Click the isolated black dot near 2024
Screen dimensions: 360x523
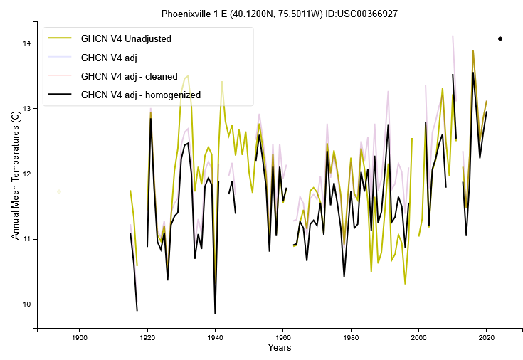point(500,38)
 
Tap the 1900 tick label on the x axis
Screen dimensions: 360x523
point(79,337)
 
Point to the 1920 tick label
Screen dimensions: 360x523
point(147,337)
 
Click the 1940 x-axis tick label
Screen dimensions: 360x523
point(215,337)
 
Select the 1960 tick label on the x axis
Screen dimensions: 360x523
point(283,337)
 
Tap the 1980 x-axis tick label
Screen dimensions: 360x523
point(351,337)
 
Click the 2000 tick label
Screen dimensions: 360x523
point(419,337)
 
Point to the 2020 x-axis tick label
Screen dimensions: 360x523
point(487,337)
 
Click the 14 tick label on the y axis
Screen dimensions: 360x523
point(28,43)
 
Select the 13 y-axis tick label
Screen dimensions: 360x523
point(28,109)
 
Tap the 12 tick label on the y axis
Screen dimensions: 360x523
point(28,174)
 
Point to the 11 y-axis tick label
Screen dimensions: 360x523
point(28,239)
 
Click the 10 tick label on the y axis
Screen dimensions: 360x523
point(28,305)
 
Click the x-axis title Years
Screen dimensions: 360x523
point(279,348)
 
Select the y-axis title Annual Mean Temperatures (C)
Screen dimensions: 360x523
point(15,180)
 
